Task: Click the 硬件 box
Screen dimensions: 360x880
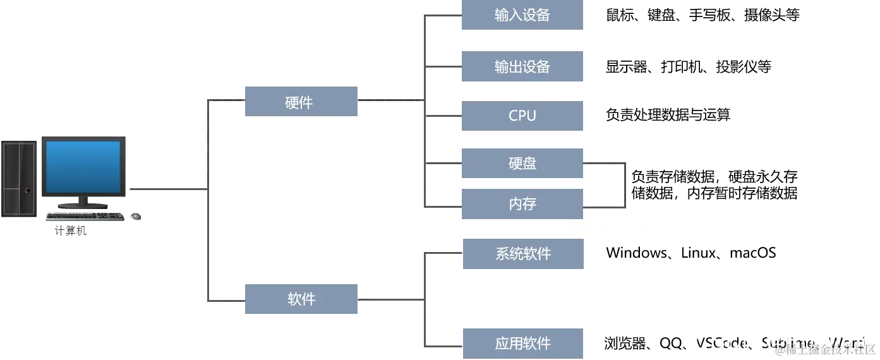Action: [300, 101]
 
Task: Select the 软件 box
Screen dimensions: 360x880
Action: [300, 300]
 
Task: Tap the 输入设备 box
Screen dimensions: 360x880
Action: [522, 15]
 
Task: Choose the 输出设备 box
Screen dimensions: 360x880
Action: [522, 68]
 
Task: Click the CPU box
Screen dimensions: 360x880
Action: [522, 116]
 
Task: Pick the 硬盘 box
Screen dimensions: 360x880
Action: [522, 164]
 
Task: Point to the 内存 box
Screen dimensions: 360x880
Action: [522, 205]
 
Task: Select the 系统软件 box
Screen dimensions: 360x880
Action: [522, 255]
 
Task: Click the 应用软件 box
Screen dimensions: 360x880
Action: [522, 344]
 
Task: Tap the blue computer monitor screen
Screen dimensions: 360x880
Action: [83, 167]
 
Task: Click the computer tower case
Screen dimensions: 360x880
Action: [19, 179]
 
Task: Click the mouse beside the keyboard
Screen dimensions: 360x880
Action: [133, 217]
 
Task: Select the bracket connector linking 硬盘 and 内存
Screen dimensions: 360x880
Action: [625, 184]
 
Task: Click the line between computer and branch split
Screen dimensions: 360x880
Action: [167, 189]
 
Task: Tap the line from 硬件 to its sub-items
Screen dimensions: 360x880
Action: [389, 99]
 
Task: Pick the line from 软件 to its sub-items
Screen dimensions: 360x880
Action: [389, 301]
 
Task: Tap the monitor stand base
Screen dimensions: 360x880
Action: [83, 205]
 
